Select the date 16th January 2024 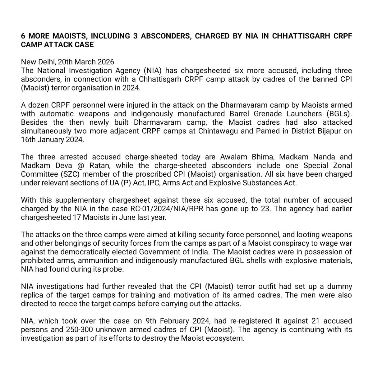tap(52, 139)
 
